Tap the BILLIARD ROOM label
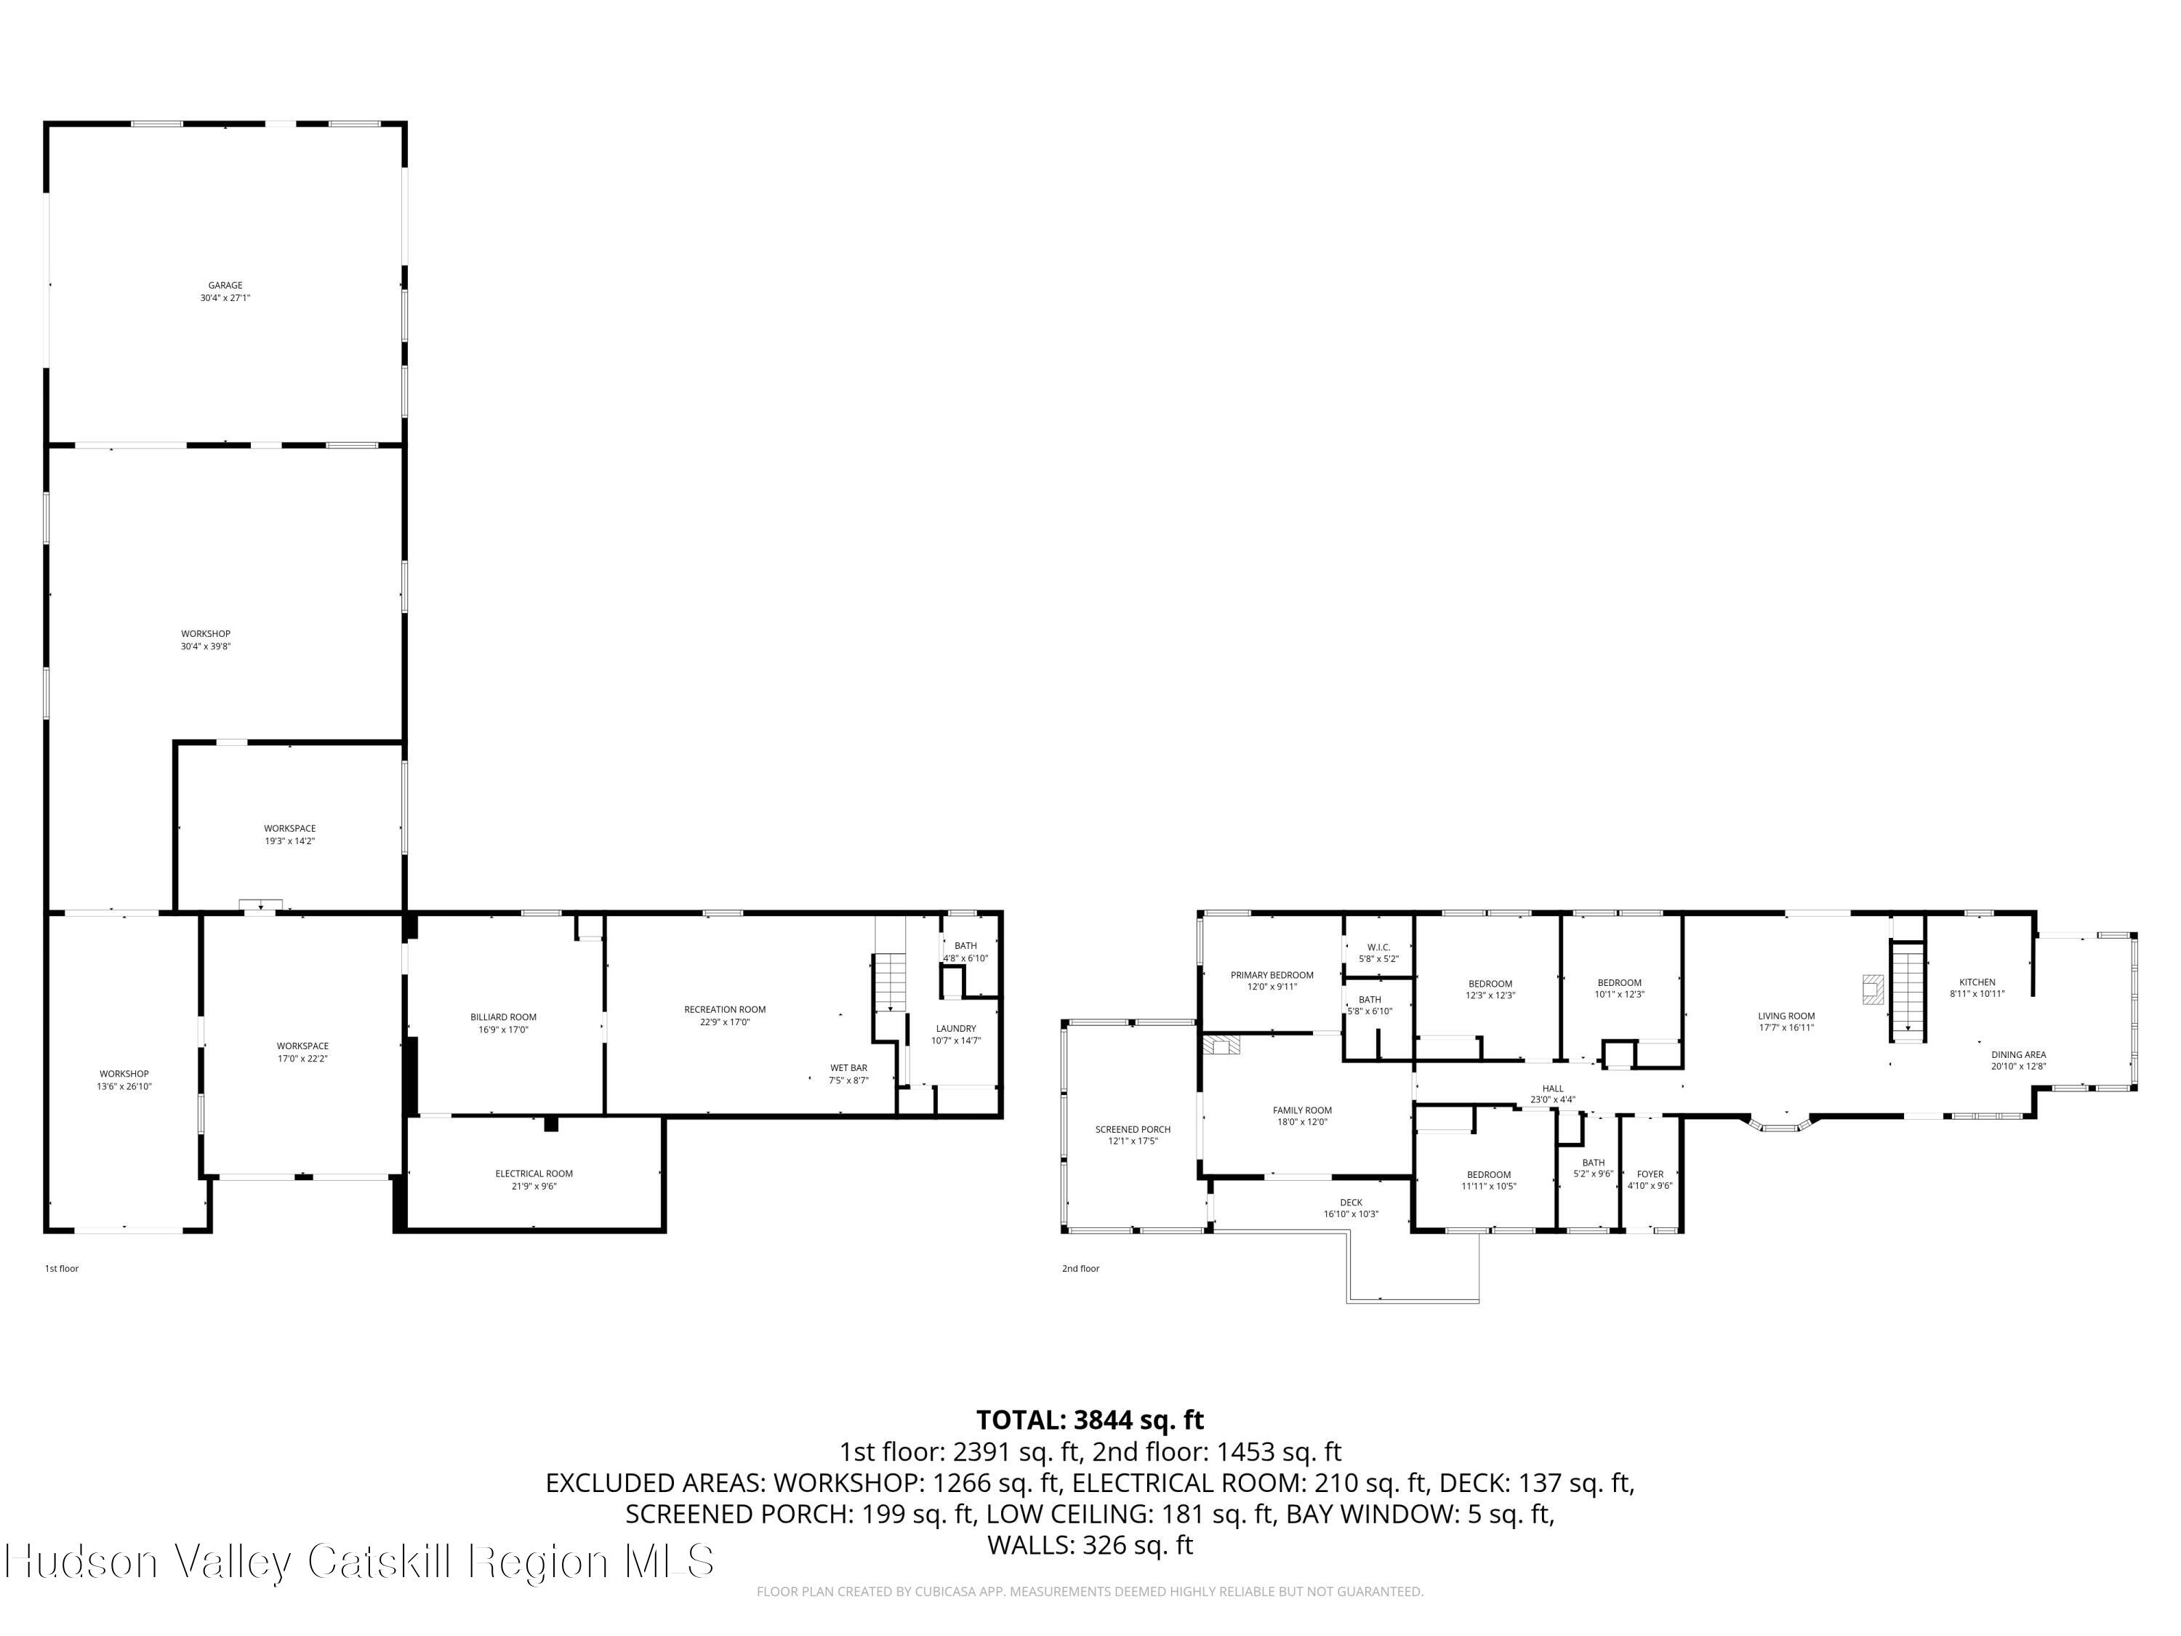click(x=503, y=1017)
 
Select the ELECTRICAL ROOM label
click(x=534, y=1174)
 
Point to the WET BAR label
click(x=848, y=1068)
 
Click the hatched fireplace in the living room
click(x=1871, y=988)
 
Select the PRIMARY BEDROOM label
click(x=1272, y=975)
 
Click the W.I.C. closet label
click(x=1378, y=947)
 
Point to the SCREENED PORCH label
click(x=1132, y=1129)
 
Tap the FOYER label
click(x=1650, y=1174)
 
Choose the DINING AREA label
click(x=2018, y=1054)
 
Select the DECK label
click(x=1351, y=1202)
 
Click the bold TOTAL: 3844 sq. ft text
click(x=1090, y=1420)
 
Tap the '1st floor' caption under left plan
click(x=61, y=1268)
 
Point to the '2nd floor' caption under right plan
click(x=1080, y=1268)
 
